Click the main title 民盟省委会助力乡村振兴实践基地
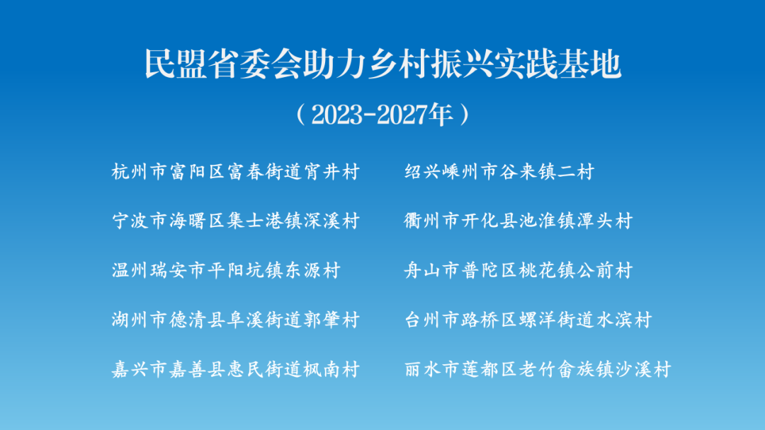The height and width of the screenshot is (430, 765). click(383, 64)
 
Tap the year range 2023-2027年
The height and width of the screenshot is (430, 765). click(382, 115)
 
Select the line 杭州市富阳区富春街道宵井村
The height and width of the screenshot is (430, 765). click(236, 172)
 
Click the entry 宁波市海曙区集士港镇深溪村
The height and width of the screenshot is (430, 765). click(236, 221)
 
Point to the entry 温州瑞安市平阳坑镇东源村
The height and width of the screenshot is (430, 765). click(226, 270)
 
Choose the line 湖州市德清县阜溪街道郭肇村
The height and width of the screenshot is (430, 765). click(236, 320)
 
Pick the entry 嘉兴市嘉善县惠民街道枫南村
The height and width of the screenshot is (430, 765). click(236, 369)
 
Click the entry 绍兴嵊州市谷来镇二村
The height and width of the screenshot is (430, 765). click(499, 172)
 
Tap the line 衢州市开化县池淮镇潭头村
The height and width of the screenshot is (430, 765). click(518, 221)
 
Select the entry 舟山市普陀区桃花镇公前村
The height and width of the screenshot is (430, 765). click(518, 270)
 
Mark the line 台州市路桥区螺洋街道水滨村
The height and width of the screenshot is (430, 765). click(528, 320)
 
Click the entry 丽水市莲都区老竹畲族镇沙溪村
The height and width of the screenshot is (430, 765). click(538, 369)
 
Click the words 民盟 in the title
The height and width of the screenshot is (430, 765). click(176, 64)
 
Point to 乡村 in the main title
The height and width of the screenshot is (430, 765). click(399, 64)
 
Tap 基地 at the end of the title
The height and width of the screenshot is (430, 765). click(590, 64)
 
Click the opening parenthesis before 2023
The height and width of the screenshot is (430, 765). click(300, 115)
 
